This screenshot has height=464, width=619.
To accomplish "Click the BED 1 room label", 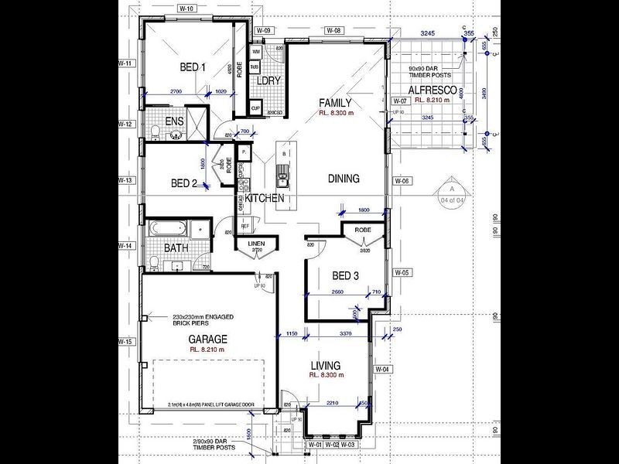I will [193, 67].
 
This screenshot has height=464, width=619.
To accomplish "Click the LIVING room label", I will [325, 365].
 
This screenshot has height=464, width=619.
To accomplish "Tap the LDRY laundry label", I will [268, 80].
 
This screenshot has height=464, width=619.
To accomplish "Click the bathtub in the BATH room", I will [168, 229].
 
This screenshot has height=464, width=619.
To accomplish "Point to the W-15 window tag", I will [126, 341].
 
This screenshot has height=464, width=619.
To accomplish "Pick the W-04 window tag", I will [382, 369].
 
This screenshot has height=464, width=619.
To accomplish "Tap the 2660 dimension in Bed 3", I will [337, 292].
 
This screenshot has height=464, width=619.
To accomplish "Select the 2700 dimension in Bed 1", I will [175, 91].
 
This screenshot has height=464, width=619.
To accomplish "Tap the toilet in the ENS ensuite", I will [156, 131].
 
